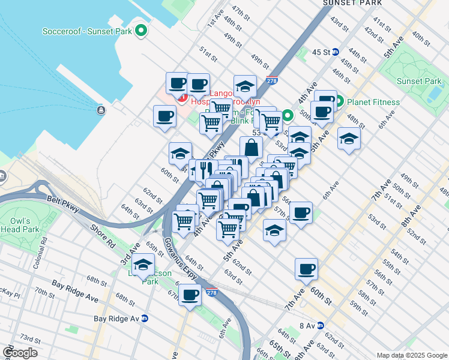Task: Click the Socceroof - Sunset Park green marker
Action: tap(141, 30)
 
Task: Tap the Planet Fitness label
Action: tap(373, 102)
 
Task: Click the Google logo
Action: tap(20, 353)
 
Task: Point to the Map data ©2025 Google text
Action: tap(411, 355)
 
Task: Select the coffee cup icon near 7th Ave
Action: tap(306, 269)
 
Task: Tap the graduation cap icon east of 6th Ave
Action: tap(349, 139)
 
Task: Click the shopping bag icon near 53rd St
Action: tap(251, 147)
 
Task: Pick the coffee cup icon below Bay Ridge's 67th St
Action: tap(190, 295)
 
